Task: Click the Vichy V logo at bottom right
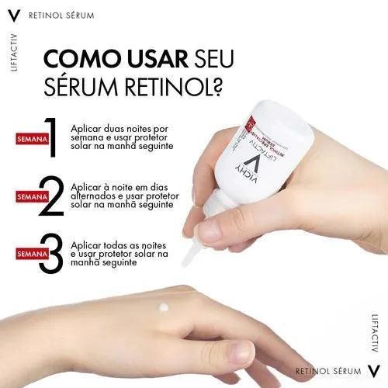tap(373, 372)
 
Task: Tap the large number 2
tap(52, 196)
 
